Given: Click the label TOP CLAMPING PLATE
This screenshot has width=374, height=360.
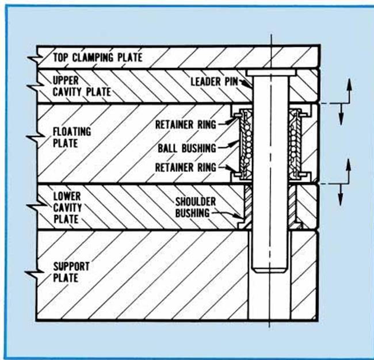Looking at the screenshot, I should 97,58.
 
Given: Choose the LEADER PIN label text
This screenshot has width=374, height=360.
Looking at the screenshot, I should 213,82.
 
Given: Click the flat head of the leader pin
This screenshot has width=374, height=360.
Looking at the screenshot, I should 270,73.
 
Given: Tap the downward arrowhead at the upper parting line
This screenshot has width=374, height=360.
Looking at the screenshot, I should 341,120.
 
